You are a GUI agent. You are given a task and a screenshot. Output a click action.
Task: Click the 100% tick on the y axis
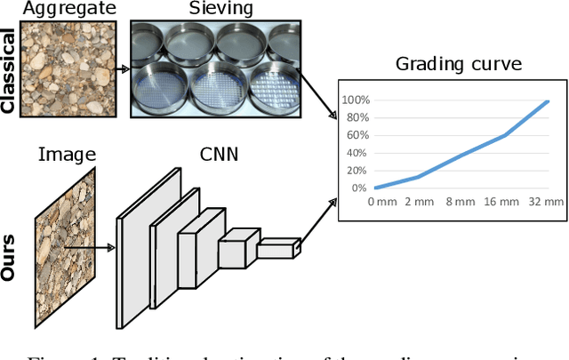click(356, 100)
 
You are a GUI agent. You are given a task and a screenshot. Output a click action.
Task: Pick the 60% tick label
click(357, 135)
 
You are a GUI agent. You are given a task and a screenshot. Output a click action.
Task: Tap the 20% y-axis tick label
click(357, 170)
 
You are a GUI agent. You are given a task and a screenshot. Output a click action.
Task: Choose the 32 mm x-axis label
click(546, 203)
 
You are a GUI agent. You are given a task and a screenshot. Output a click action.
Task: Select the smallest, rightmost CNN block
click(275, 249)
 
